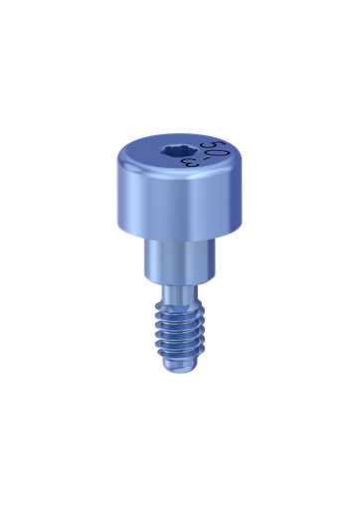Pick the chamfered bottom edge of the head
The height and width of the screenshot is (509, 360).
coord(179,235)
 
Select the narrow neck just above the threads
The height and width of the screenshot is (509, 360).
coord(180,296)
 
